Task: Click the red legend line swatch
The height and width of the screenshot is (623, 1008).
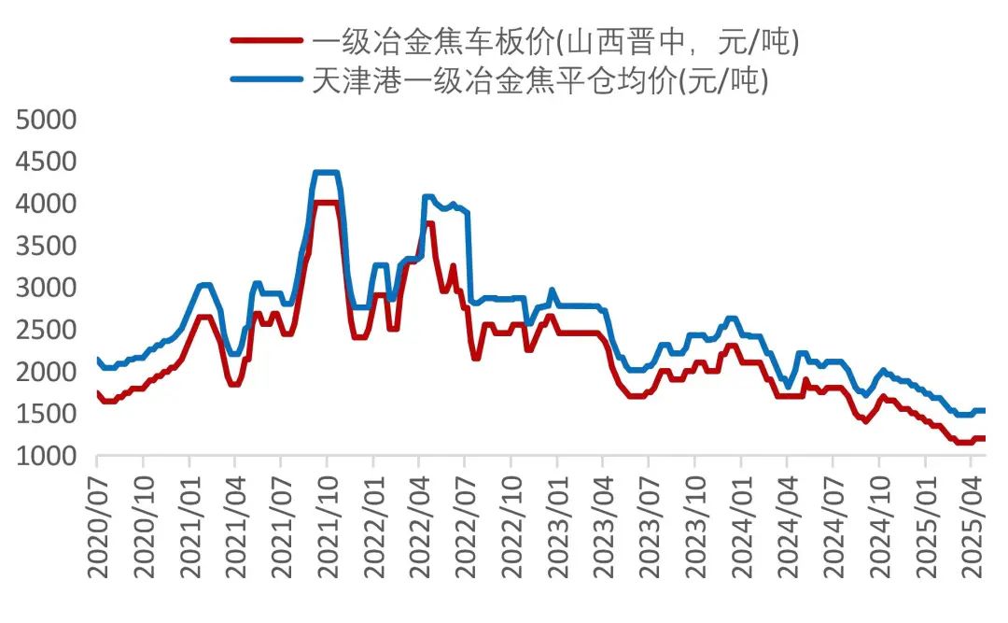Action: [267, 41]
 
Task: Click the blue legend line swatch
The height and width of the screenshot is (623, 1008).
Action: [267, 82]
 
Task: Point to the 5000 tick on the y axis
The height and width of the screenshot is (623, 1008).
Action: [46, 120]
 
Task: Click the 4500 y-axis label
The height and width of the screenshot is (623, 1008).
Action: [46, 162]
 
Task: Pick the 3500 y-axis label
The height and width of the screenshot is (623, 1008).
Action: [46, 246]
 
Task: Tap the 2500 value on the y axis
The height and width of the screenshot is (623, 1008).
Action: [46, 330]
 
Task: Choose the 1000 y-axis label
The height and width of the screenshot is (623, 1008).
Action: [46, 456]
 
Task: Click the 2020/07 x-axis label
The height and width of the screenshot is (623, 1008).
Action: [98, 524]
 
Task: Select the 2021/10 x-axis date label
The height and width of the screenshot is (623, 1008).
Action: [328, 524]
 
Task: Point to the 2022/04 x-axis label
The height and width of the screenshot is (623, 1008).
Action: [419, 524]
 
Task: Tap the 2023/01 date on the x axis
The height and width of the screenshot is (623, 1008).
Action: [557, 524]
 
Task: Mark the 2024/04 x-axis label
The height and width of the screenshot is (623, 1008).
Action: [787, 524]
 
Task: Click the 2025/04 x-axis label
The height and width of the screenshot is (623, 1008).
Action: [971, 524]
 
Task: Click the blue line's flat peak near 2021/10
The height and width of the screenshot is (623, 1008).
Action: [326, 173]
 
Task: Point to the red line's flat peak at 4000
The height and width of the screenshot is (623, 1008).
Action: [326, 203]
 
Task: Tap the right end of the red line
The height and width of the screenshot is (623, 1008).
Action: [984, 438]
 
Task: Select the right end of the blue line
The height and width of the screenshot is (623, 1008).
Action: [984, 410]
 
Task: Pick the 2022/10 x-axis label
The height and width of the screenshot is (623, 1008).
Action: [511, 524]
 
